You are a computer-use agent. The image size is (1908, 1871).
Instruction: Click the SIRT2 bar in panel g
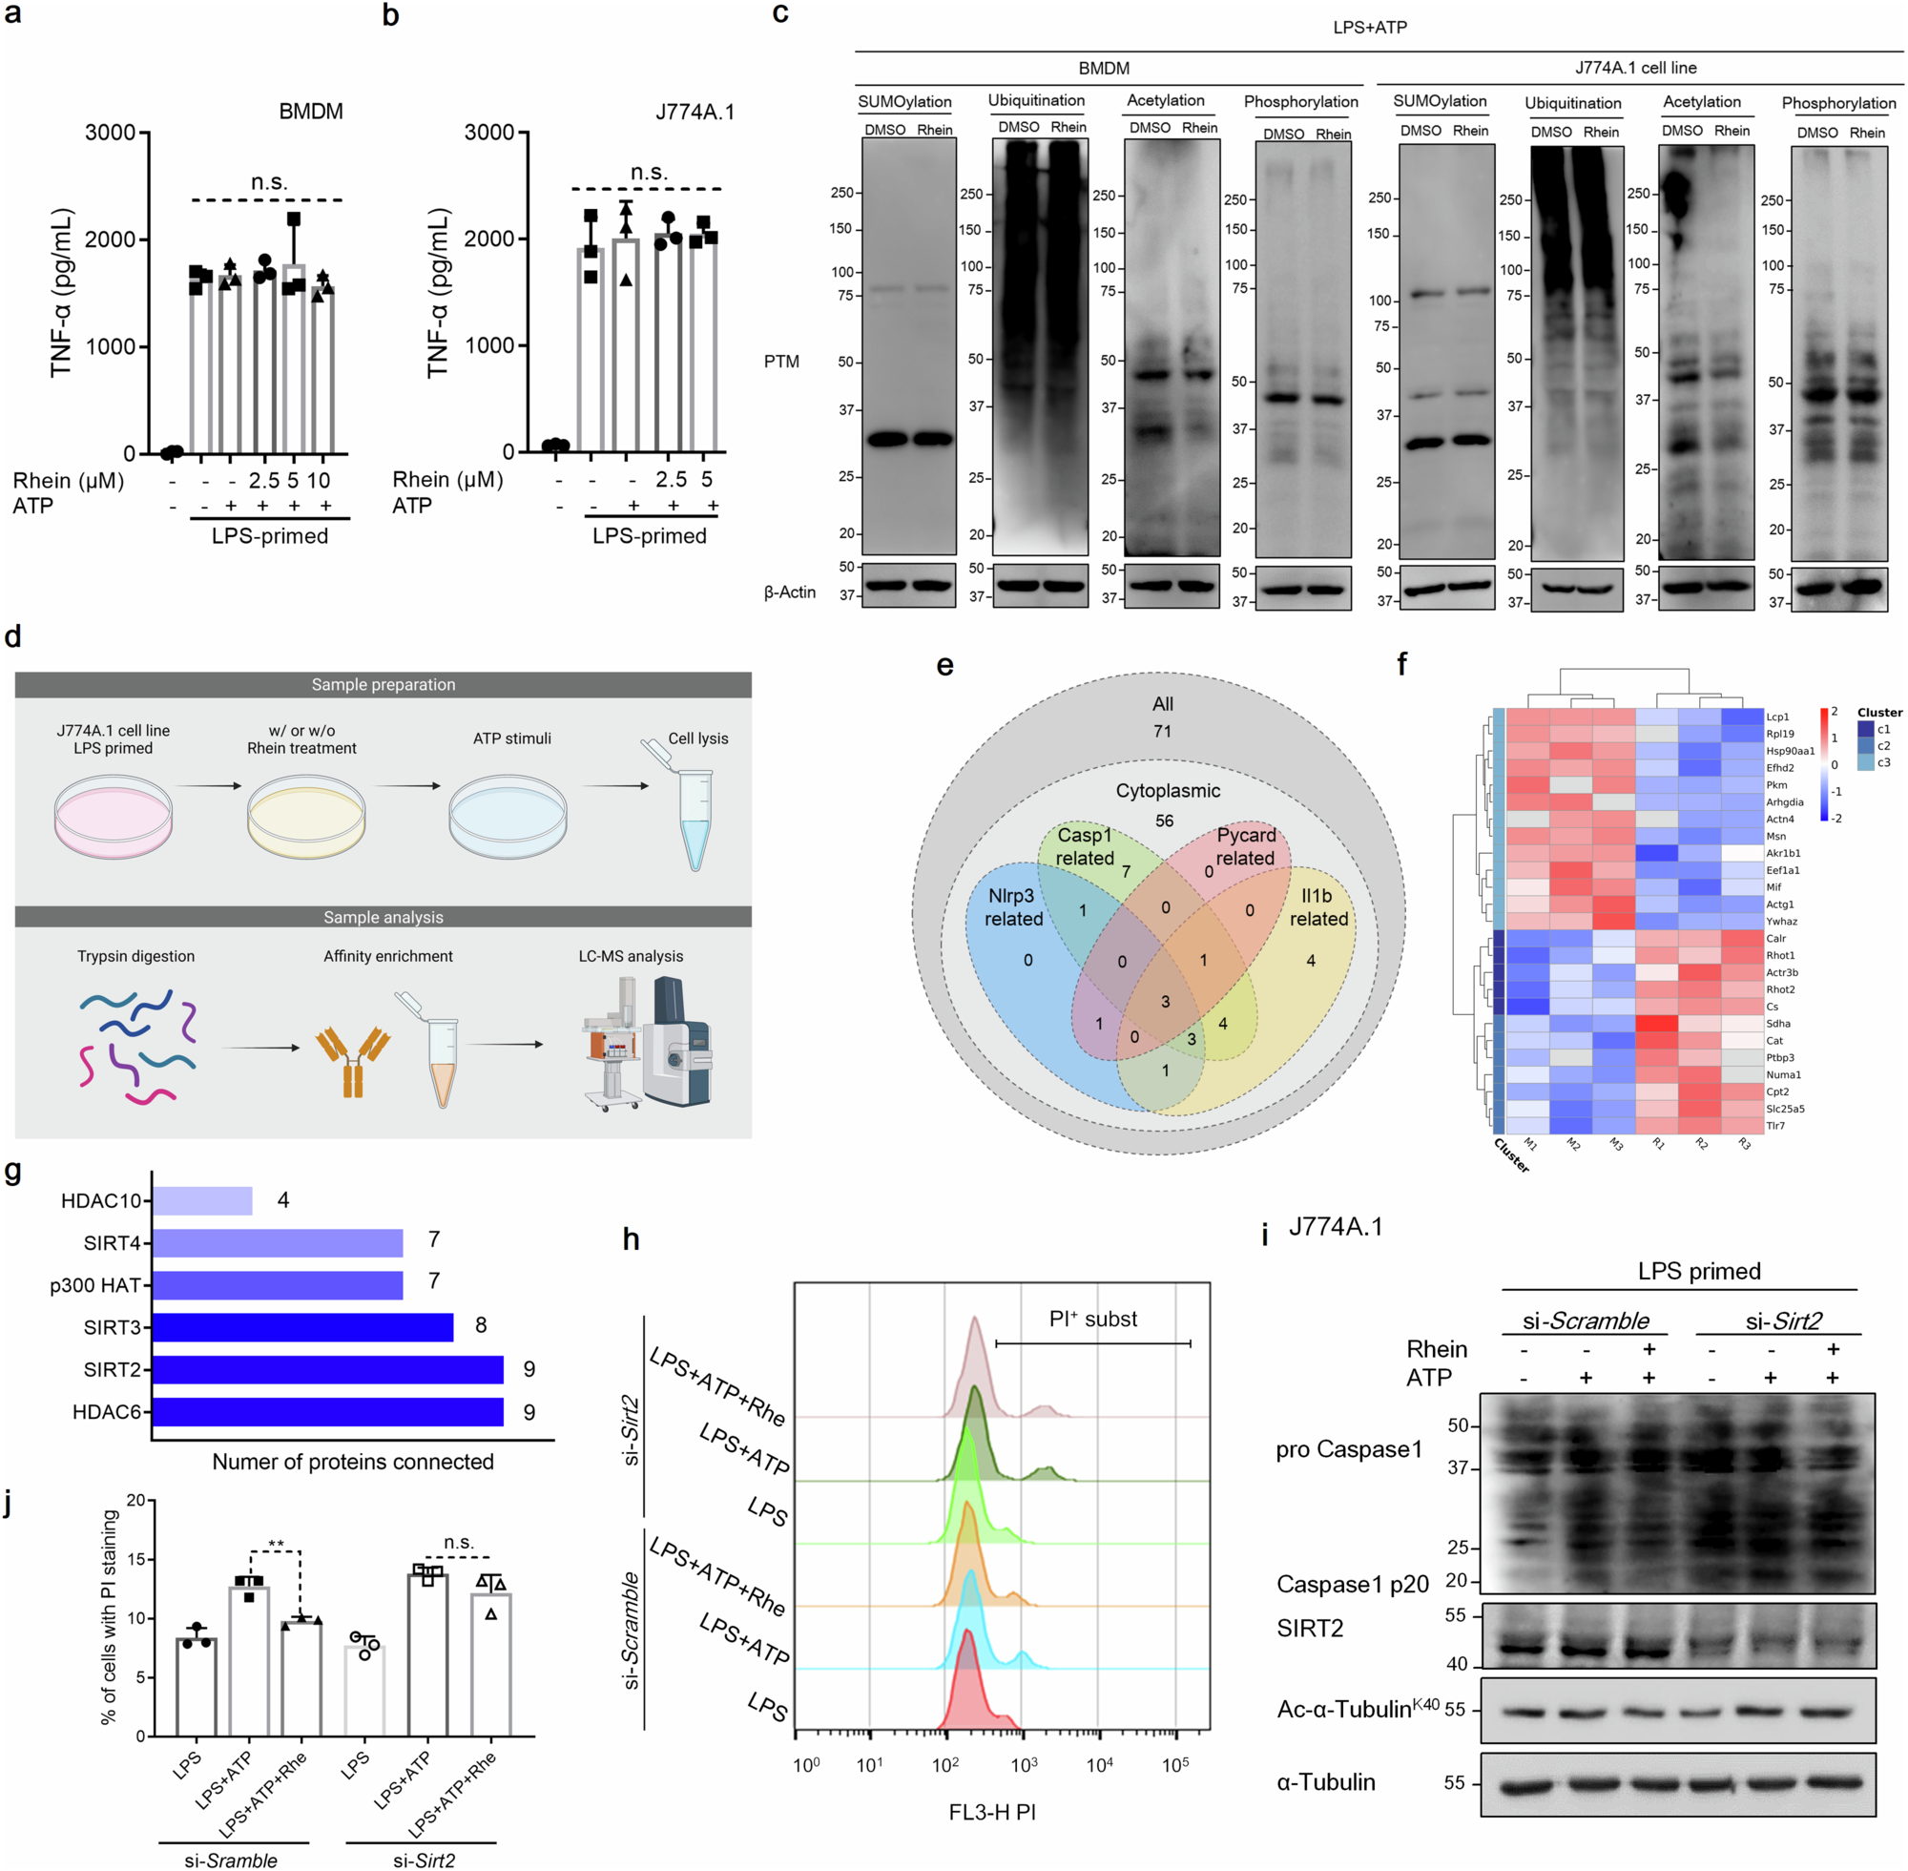click(327, 1369)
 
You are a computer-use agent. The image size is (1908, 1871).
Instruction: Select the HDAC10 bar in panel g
click(202, 1200)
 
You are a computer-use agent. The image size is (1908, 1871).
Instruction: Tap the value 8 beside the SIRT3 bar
click(481, 1324)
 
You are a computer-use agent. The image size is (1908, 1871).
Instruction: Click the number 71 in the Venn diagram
click(1162, 731)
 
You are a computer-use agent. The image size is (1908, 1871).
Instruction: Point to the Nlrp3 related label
click(1013, 907)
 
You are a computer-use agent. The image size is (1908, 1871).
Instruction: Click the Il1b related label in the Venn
click(1317, 907)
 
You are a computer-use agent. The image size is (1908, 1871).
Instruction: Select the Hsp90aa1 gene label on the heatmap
click(1790, 751)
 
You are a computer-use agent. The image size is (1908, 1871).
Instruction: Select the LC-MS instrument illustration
click(649, 1044)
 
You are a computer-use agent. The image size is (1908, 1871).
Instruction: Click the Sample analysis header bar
click(384, 917)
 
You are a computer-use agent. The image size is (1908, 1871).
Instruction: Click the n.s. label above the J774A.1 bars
click(648, 172)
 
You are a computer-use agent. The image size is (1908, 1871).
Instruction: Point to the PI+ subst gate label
click(1092, 1319)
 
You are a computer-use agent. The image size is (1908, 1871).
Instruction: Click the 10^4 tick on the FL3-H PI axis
click(1098, 1765)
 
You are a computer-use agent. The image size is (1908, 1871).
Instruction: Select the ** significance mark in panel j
click(276, 1545)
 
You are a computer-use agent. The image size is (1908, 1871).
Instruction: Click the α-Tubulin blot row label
click(1325, 1782)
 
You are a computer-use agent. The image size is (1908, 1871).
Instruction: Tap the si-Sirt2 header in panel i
click(1782, 1321)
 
